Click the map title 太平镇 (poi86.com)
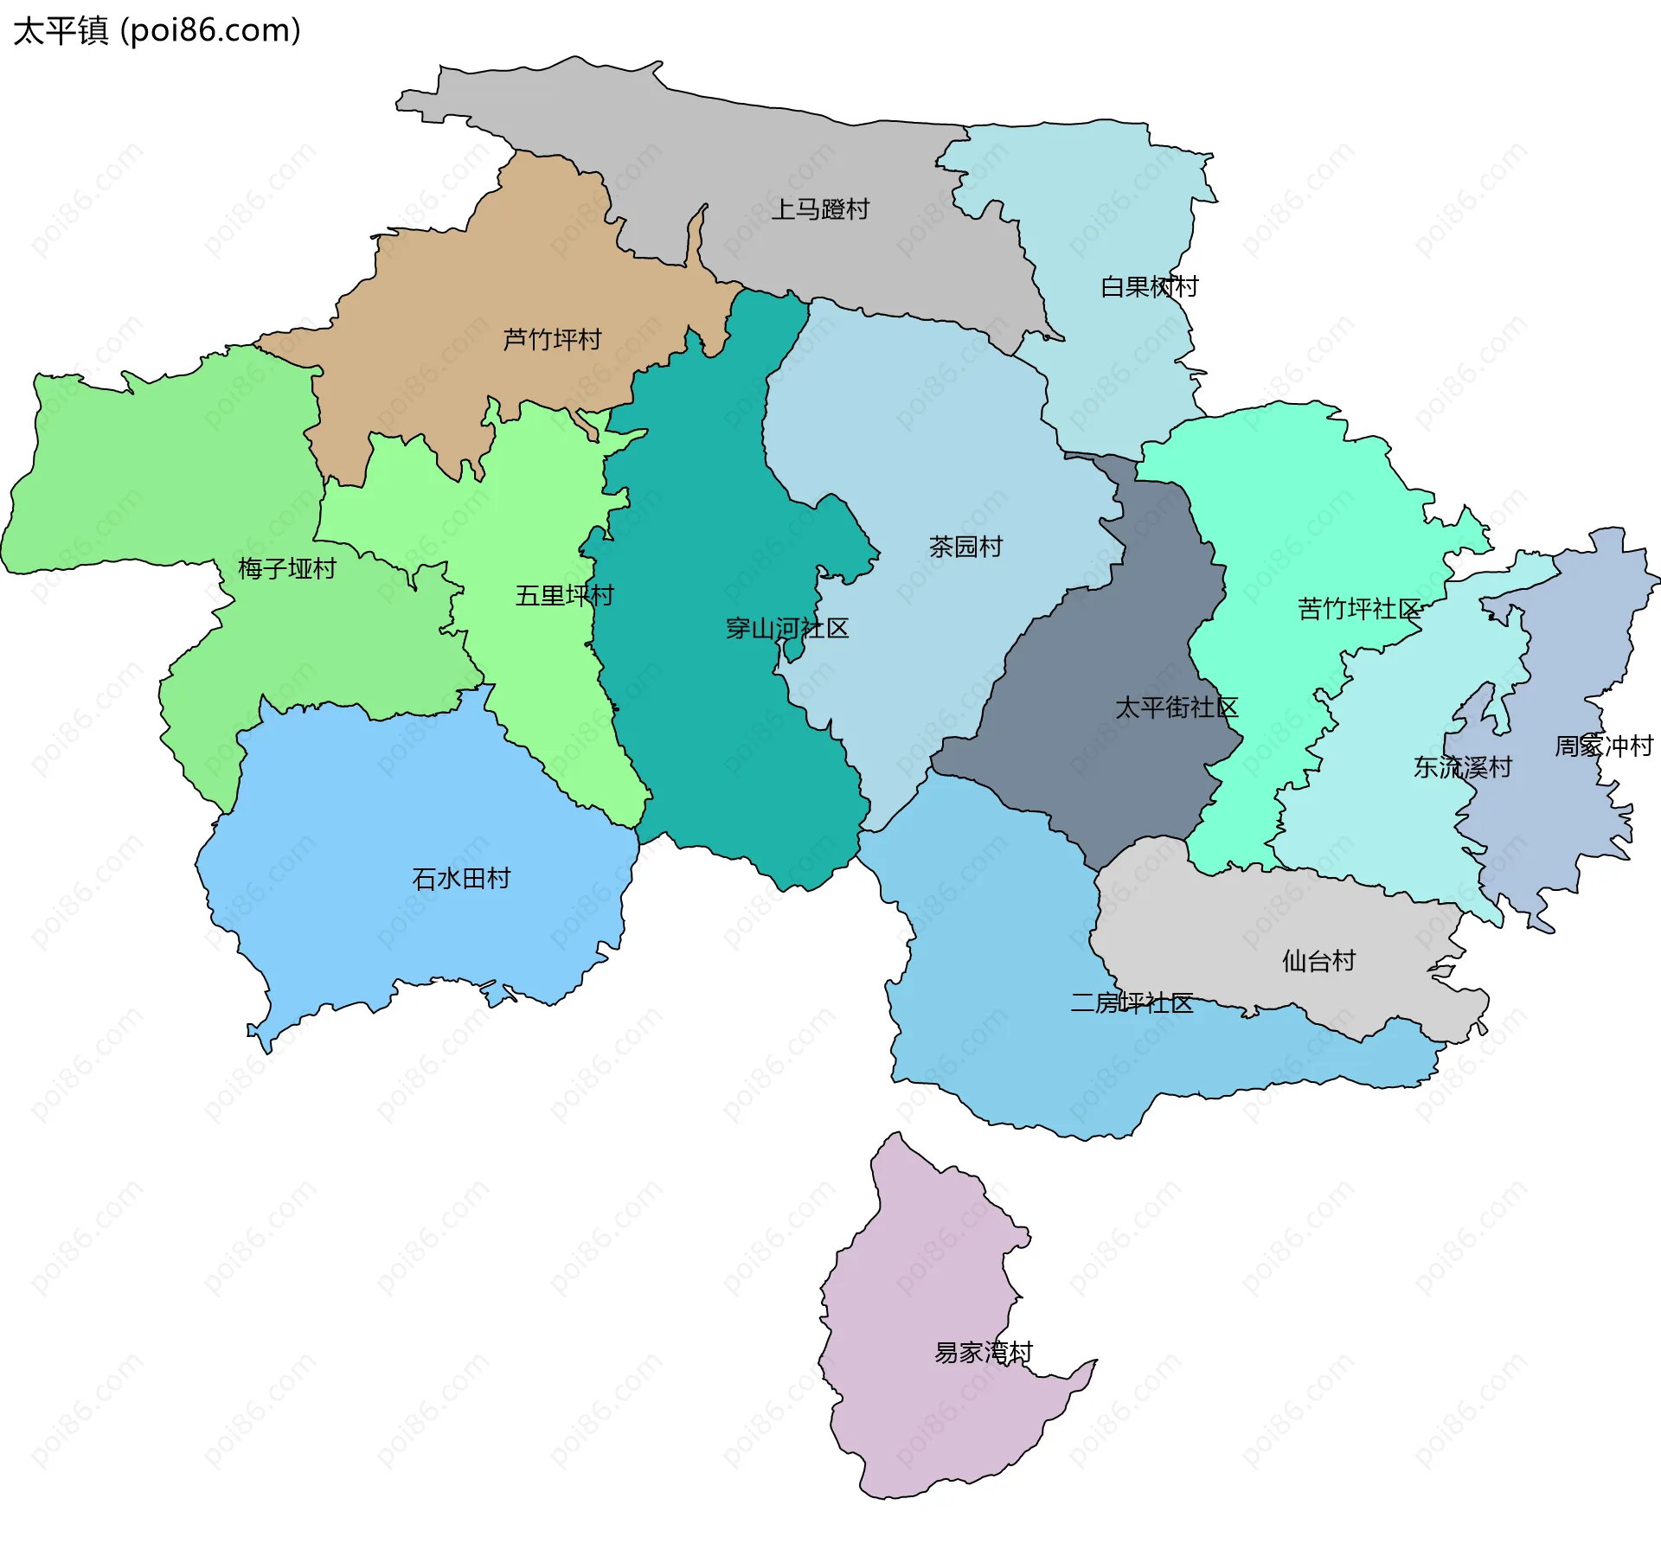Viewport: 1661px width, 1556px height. point(157,31)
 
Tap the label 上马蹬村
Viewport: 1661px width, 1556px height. point(819,209)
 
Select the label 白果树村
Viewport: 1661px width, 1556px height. point(1149,286)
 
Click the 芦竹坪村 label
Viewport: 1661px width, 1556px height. point(552,339)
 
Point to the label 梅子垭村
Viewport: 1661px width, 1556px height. point(286,568)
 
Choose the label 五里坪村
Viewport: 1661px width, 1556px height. point(564,595)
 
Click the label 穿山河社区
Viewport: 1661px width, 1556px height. point(786,628)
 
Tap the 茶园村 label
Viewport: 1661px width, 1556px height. point(965,547)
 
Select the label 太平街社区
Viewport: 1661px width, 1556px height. point(1176,708)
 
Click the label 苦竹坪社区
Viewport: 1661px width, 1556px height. point(1358,609)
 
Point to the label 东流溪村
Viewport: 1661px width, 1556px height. point(1462,766)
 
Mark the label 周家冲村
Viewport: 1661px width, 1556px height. point(1603,746)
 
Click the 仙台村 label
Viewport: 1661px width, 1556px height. point(1318,960)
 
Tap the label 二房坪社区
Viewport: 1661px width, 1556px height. point(1132,1002)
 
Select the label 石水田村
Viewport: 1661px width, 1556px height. point(461,879)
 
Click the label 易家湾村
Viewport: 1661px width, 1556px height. point(984,1352)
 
